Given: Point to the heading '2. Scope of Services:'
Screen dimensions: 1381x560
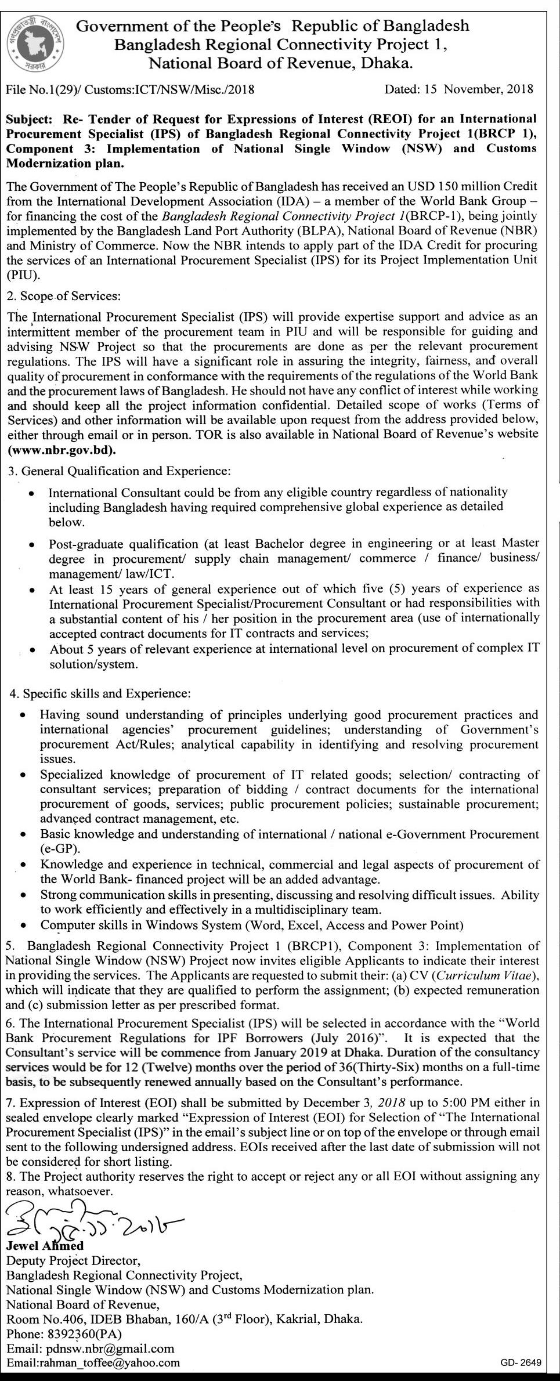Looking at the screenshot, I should click(x=64, y=296).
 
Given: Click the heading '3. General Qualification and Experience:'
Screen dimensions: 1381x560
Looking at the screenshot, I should click(x=119, y=471).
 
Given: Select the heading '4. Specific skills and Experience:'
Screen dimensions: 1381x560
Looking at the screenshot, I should click(x=100, y=693).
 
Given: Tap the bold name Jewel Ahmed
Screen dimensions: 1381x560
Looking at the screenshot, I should click(x=45, y=1245).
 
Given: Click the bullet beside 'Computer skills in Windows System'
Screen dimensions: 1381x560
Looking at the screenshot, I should click(x=23, y=926).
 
